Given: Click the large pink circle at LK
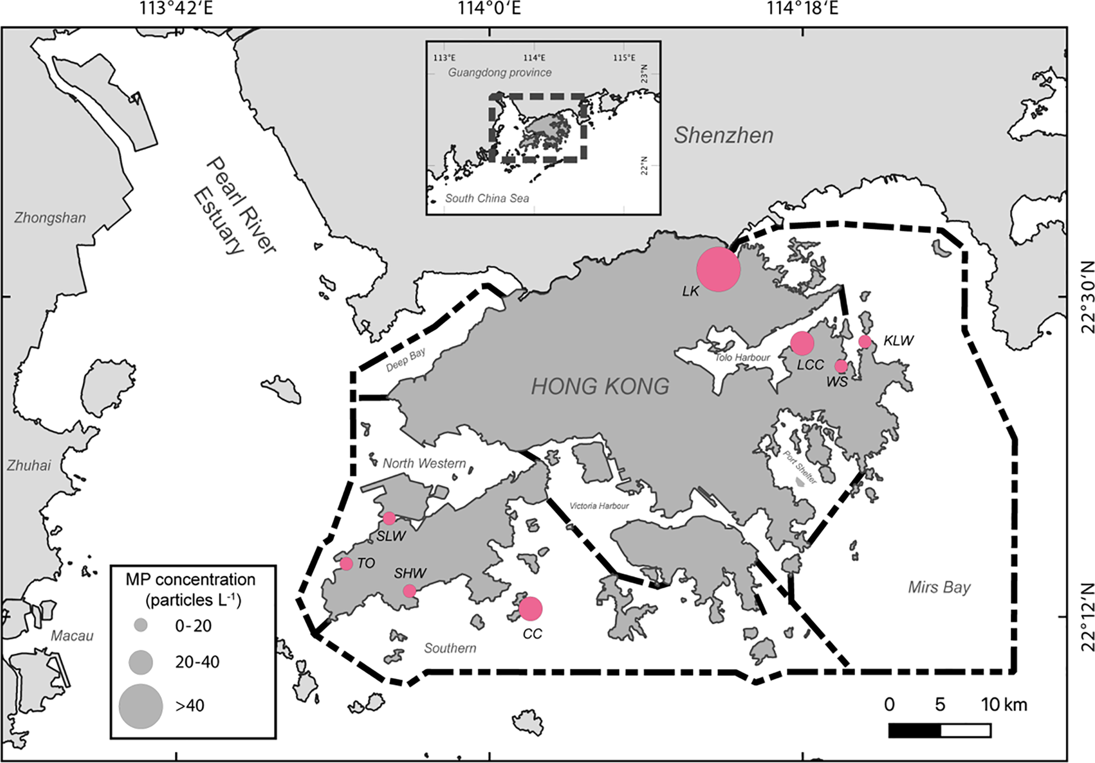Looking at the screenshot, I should click(x=718, y=269).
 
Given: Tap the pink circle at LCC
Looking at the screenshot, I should click(x=802, y=343).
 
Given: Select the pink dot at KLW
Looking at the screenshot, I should click(x=865, y=341).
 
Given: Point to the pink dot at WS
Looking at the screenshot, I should click(x=840, y=366).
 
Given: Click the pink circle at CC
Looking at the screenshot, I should click(x=530, y=609).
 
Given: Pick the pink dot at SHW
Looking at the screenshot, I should click(x=409, y=591).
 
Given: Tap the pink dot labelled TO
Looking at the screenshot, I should click(x=346, y=563).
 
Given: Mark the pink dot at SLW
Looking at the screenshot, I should click(x=389, y=518).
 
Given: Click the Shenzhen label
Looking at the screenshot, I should click(x=723, y=135).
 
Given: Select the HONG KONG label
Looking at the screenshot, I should click(x=600, y=386).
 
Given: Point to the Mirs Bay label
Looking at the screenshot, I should click(x=939, y=587).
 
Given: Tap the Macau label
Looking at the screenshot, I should click(x=72, y=636).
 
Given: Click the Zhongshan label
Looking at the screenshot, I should click(x=50, y=218).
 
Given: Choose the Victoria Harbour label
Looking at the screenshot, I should click(x=599, y=506).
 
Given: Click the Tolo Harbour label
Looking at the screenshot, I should click(x=742, y=357).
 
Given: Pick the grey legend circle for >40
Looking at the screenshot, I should click(x=140, y=706).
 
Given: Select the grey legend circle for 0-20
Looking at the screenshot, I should click(x=140, y=625).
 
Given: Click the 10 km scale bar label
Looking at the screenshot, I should click(x=1004, y=704).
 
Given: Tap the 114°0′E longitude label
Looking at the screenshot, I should click(x=489, y=8).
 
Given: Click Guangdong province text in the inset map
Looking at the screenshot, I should click(x=499, y=72).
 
